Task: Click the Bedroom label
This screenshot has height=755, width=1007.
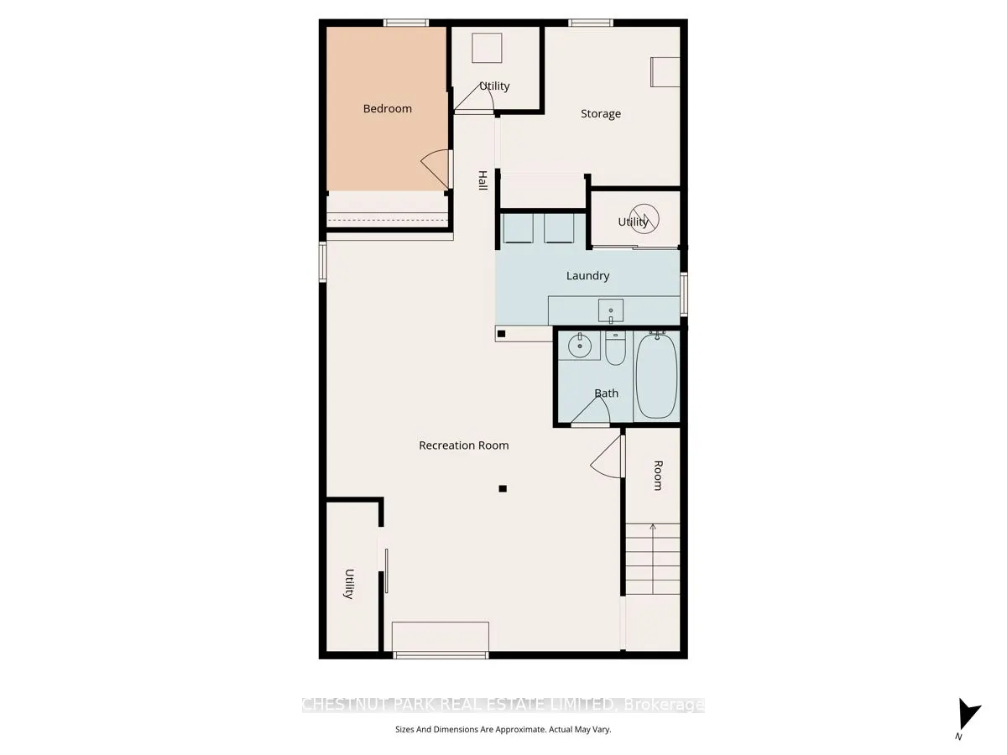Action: pyautogui.click(x=387, y=108)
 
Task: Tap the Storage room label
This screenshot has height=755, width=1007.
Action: pyautogui.click(x=601, y=113)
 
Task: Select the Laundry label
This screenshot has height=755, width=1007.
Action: pyautogui.click(x=587, y=275)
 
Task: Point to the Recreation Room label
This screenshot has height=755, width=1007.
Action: pyautogui.click(x=463, y=445)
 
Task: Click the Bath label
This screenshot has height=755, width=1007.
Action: pyautogui.click(x=606, y=393)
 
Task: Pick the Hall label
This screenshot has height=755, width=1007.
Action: pyautogui.click(x=483, y=180)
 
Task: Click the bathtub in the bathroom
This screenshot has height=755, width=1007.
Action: pyautogui.click(x=655, y=375)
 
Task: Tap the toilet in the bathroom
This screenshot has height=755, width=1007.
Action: pyautogui.click(x=615, y=349)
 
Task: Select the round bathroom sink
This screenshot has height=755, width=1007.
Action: pyautogui.click(x=579, y=345)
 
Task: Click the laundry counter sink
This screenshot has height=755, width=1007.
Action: pyautogui.click(x=611, y=310)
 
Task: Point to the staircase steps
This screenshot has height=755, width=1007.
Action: pyautogui.click(x=652, y=558)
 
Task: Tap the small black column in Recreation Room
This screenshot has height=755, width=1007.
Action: pyautogui.click(x=503, y=488)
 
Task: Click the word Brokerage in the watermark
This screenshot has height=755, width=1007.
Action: pyautogui.click(x=663, y=706)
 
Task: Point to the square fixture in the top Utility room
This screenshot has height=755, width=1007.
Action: pyautogui.click(x=486, y=48)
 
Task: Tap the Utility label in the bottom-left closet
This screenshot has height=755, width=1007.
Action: pyautogui.click(x=348, y=584)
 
